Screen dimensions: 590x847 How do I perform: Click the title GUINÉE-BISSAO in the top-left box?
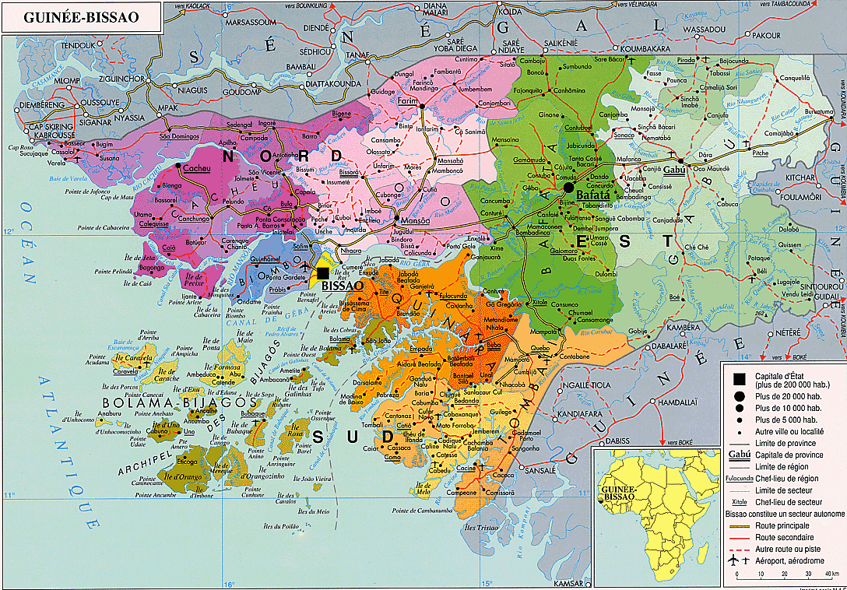[80, 16]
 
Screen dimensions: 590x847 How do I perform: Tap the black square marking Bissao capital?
[322, 272]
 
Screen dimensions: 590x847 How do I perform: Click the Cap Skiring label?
[48, 126]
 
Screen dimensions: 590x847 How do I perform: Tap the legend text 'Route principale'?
[781, 527]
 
